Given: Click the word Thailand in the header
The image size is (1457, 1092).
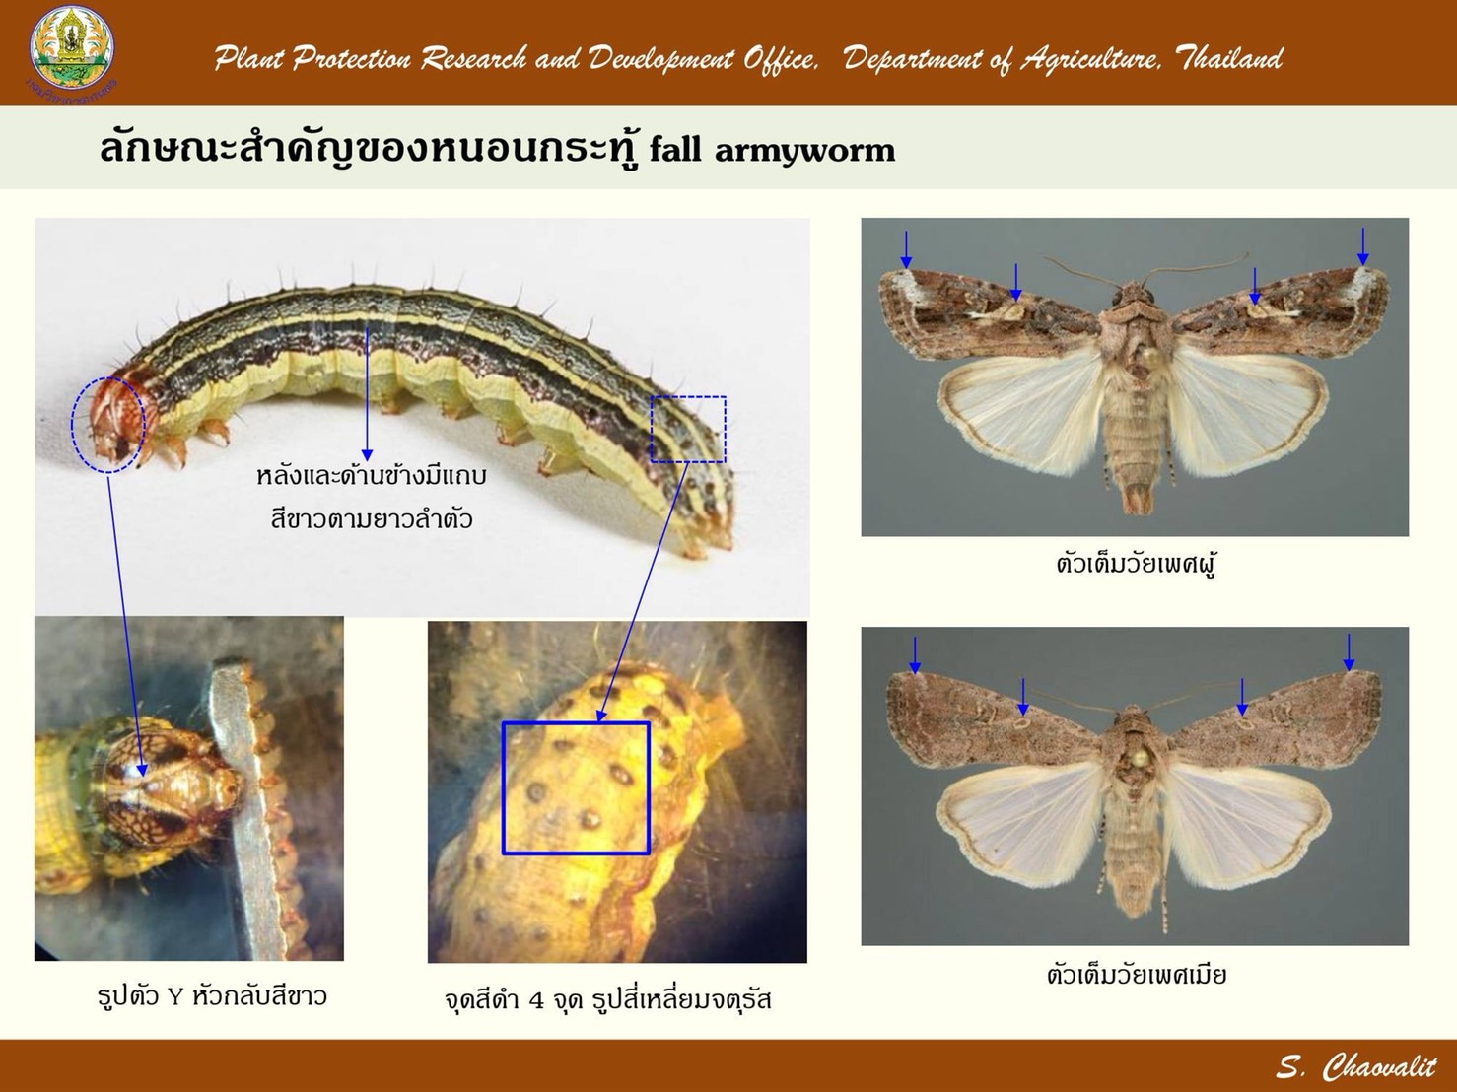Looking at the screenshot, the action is tap(1229, 59).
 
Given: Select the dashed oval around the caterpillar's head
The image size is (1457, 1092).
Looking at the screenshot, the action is tap(107, 425).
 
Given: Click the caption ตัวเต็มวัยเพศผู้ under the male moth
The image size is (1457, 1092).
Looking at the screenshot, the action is tap(1136, 565).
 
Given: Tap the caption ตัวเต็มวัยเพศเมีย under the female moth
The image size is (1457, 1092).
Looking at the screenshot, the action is tap(1137, 975).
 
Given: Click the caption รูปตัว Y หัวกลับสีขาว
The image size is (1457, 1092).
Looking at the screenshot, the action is tap(212, 995).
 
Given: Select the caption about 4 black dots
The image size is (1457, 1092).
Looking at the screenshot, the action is tap(608, 999).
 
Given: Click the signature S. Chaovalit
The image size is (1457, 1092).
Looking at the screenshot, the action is tap(1356, 1067).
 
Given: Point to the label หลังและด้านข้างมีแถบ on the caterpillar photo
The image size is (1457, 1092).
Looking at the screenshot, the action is tap(372, 476).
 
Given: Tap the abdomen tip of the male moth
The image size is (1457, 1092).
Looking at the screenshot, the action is tap(1137, 498).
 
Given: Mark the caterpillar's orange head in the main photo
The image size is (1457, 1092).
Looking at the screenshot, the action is tap(119, 418).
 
